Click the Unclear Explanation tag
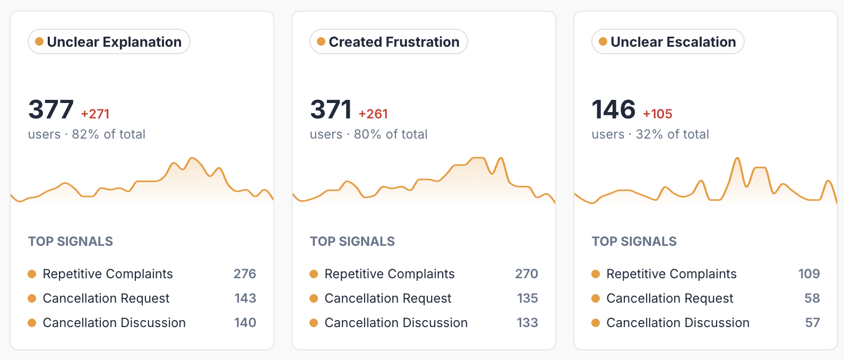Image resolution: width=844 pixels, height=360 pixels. pos(109,41)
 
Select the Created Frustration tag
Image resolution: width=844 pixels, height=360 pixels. pos(389,41)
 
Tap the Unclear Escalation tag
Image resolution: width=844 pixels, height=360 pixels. pos(668,41)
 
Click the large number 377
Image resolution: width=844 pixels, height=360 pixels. pos(51,109)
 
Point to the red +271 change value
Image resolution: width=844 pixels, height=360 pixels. pos(96,114)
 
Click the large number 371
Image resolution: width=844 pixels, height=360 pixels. pos(331,109)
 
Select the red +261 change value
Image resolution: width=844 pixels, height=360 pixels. pos(373,114)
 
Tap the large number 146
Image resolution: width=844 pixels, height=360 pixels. pos(614,109)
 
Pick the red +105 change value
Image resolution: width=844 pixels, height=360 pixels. pos(658,114)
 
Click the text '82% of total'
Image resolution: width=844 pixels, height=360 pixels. pos(108,134)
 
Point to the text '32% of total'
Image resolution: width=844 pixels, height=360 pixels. pos(673,134)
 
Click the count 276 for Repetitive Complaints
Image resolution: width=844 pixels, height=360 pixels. pos(245,273)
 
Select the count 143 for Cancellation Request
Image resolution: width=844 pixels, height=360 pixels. pos(245,298)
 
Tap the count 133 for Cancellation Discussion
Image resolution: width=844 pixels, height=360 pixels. pos(528,323)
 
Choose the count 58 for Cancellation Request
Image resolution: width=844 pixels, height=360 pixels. pos(812,298)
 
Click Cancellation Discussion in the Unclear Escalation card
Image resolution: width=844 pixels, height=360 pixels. pos(678,323)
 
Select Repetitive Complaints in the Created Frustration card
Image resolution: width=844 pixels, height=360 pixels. pos(390,274)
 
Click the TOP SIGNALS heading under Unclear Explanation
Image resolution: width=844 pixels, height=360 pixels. pos(71,241)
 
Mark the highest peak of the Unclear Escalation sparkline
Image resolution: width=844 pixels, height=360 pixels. pos(737,158)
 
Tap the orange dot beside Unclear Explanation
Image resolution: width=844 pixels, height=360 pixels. pos(39,41)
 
